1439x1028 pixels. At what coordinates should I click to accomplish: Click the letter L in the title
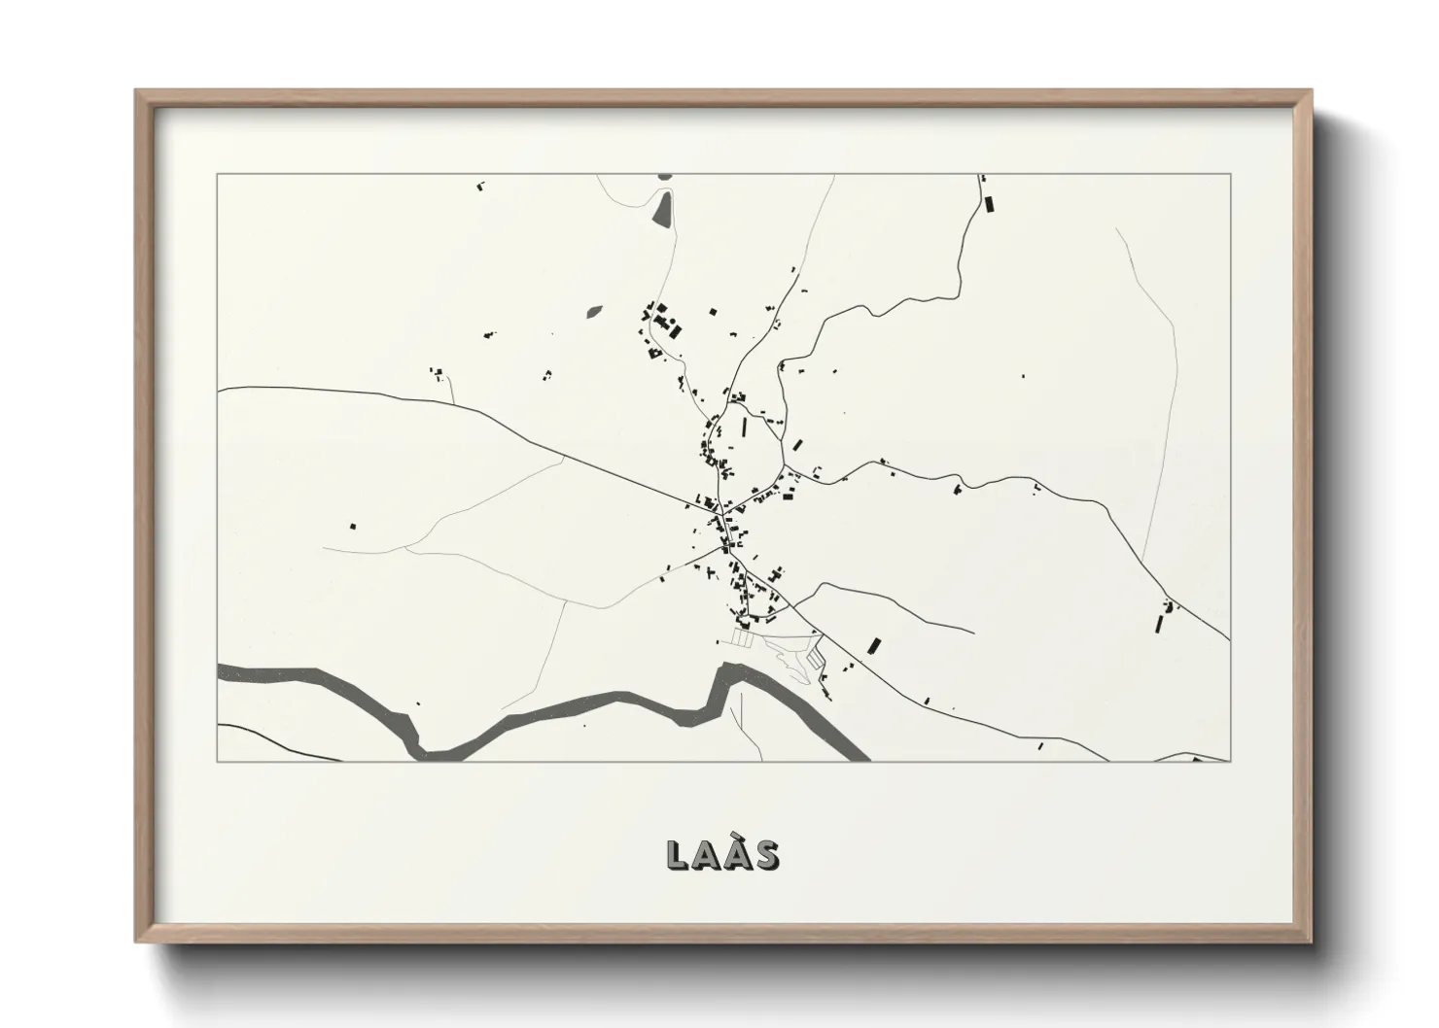click(678, 855)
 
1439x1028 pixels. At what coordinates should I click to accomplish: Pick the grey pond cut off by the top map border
click(665, 176)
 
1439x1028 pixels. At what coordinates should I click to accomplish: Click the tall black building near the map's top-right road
click(991, 204)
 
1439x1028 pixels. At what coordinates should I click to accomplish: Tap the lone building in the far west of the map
click(353, 526)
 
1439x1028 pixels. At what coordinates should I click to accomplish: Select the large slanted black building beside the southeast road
click(873, 645)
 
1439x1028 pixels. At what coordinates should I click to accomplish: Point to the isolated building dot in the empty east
click(1022, 374)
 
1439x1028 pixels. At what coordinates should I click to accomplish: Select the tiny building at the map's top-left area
click(478, 184)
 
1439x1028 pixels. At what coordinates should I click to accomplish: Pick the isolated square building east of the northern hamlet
click(713, 312)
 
